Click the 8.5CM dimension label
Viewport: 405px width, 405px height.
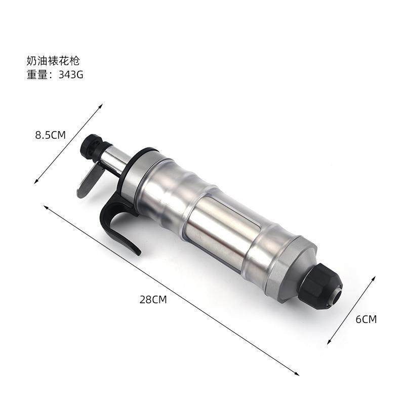[51, 135]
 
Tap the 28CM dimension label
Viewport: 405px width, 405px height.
[153, 299]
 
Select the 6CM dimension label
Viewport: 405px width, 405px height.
[366, 319]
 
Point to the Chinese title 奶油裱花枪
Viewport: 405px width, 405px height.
[53, 61]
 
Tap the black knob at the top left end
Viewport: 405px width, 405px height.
[93, 146]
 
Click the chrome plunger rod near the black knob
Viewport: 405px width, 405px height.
[115, 158]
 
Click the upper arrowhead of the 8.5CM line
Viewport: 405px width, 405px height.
[101, 106]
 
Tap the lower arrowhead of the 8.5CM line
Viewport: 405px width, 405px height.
[36, 182]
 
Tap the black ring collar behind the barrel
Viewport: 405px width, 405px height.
[134, 167]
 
